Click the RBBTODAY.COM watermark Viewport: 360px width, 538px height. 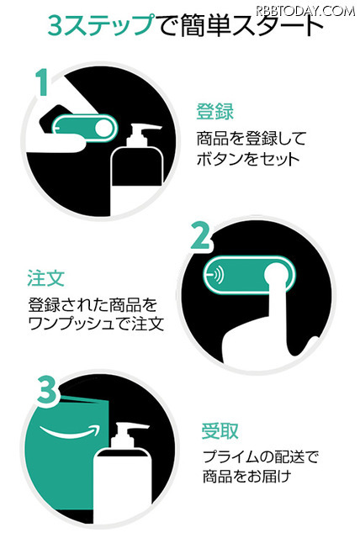pyautogui.click(x=308, y=9)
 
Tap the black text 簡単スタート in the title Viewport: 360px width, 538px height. pyautogui.click(x=242, y=29)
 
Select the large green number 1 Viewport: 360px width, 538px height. pyautogui.click(x=41, y=84)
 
